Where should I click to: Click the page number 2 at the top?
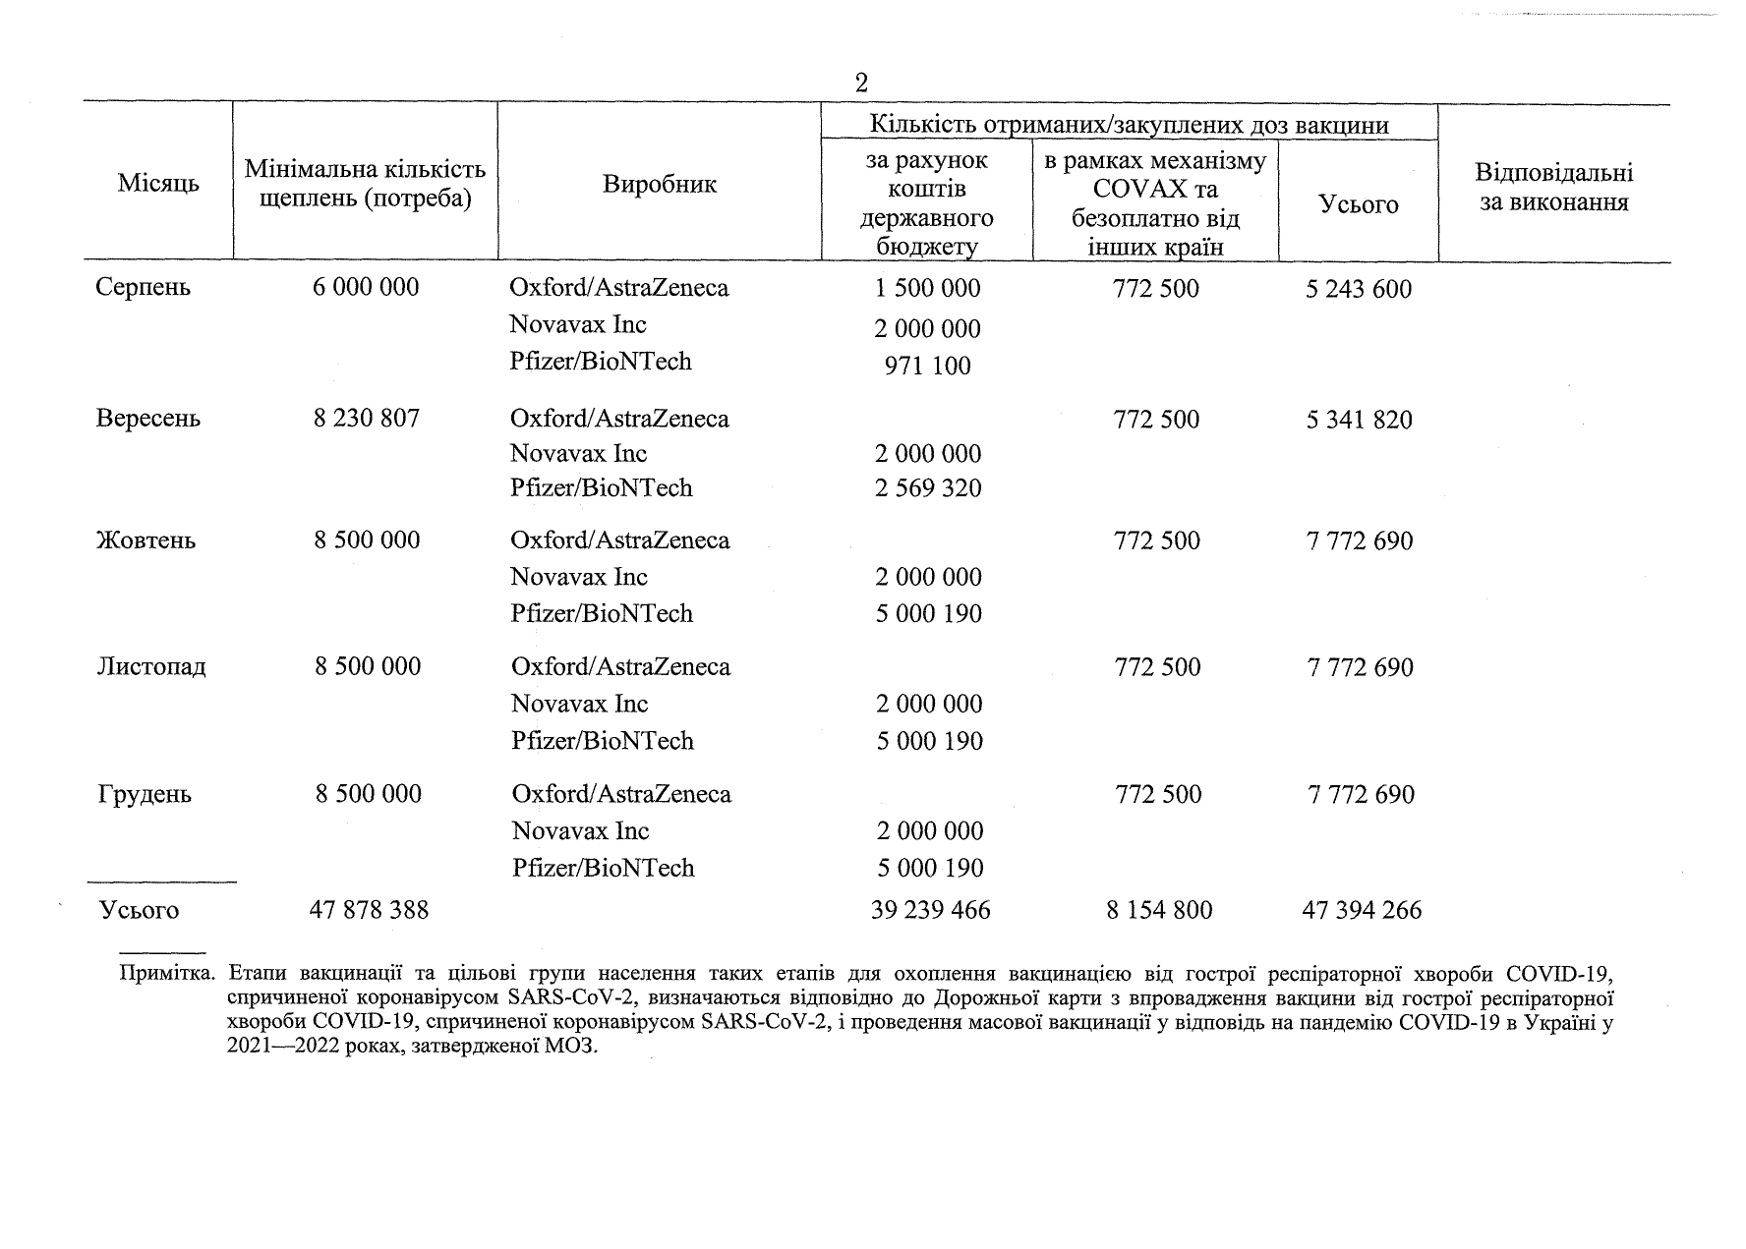click(861, 83)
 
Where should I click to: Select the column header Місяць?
click(158, 184)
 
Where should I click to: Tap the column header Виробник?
click(660, 184)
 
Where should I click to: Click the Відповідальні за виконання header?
click(1553, 188)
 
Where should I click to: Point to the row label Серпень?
click(144, 287)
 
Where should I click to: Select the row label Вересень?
click(148, 419)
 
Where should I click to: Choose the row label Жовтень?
click(146, 540)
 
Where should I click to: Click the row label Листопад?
click(152, 667)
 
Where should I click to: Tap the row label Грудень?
click(145, 794)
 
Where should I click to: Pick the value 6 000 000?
click(366, 287)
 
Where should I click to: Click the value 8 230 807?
click(367, 419)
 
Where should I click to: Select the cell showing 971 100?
click(928, 366)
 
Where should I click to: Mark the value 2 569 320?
click(928, 488)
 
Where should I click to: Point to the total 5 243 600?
click(1359, 289)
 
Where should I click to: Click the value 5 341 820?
click(1360, 421)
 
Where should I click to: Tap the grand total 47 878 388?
click(369, 910)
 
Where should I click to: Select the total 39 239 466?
click(931, 910)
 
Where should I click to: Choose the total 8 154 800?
click(1159, 910)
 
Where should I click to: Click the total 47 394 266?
click(1362, 910)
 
